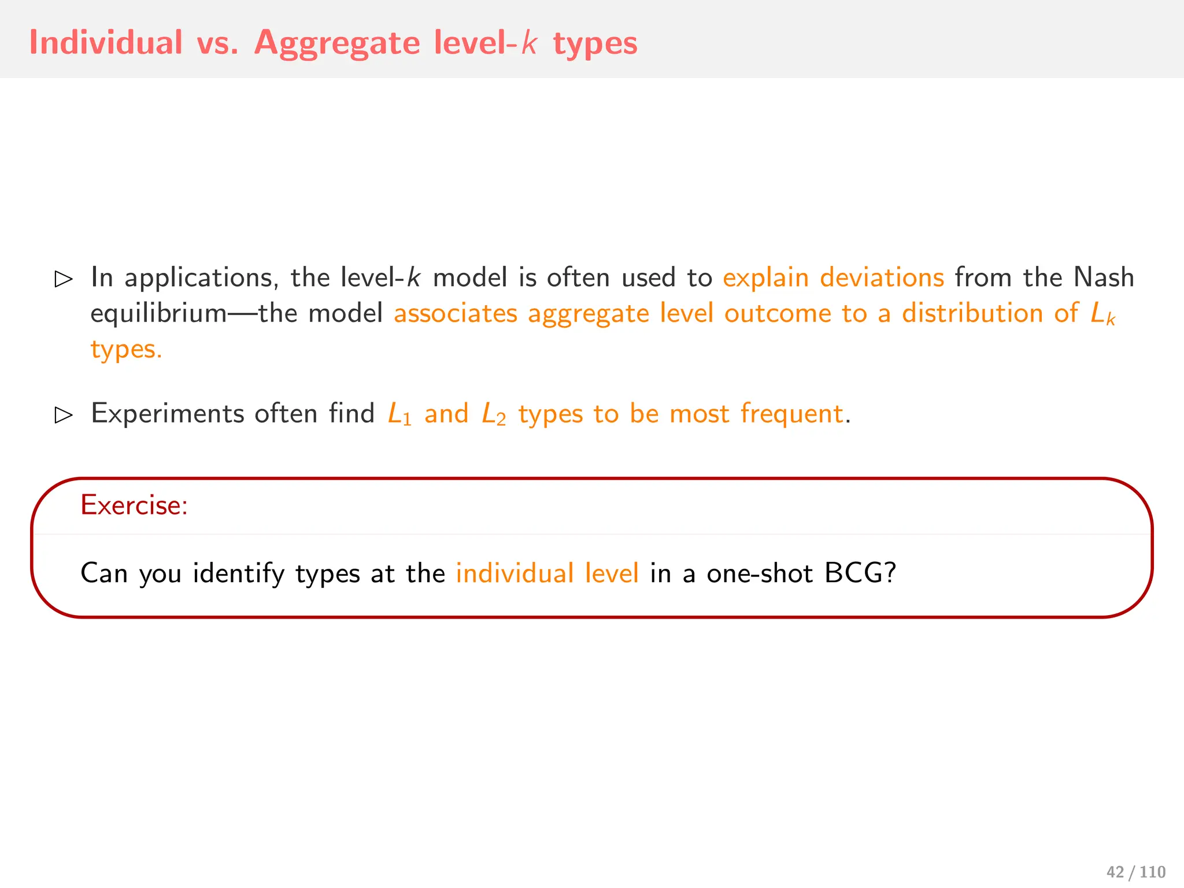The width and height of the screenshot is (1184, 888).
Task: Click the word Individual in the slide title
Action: (x=106, y=43)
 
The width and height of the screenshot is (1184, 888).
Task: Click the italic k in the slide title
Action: (x=529, y=43)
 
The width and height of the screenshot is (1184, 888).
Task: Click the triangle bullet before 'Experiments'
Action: (x=63, y=415)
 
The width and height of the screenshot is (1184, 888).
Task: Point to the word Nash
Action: (x=1103, y=277)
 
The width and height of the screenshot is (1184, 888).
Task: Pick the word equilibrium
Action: (x=159, y=314)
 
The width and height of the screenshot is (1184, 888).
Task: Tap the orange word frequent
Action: (x=791, y=414)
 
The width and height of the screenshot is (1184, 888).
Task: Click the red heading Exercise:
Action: (x=134, y=505)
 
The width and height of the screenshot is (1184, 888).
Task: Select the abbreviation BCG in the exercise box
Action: (x=860, y=573)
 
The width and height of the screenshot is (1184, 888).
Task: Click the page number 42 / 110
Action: (x=1135, y=872)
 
